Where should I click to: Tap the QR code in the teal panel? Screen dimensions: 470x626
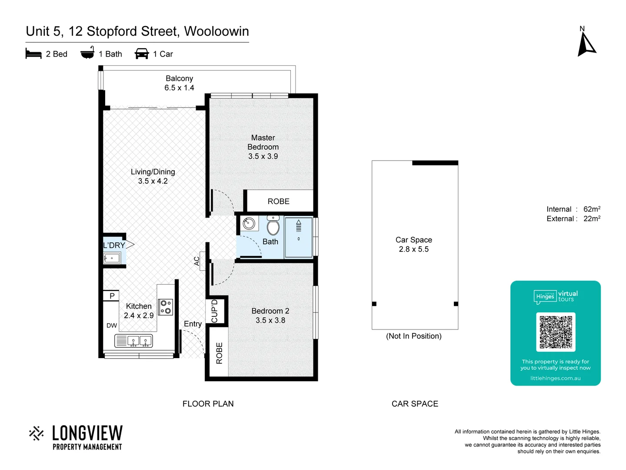coord(556,332)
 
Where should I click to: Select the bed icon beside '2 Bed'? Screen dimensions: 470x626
coord(33,54)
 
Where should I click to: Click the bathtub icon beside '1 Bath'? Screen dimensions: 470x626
coord(87,53)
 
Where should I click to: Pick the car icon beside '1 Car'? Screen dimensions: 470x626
coord(142,54)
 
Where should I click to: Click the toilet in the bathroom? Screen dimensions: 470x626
coord(273,225)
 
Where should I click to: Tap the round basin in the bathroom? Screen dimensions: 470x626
coord(249,224)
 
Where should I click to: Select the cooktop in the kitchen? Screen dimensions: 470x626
coord(165,306)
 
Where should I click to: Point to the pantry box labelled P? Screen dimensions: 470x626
coord(112,296)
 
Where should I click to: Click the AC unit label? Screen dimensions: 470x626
coord(197,261)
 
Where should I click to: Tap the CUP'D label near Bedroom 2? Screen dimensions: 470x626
coord(214,311)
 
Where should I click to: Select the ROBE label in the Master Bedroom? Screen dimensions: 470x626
coord(278,201)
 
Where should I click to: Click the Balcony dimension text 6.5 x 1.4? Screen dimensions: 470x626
coord(179,88)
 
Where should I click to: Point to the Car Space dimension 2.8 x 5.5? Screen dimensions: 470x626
coord(413,249)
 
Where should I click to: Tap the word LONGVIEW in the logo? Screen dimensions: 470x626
coord(87,433)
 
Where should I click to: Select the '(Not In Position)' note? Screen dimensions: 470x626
coord(413,336)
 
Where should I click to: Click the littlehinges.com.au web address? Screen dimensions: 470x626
coord(555,378)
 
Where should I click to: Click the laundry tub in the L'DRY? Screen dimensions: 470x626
coord(112,258)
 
